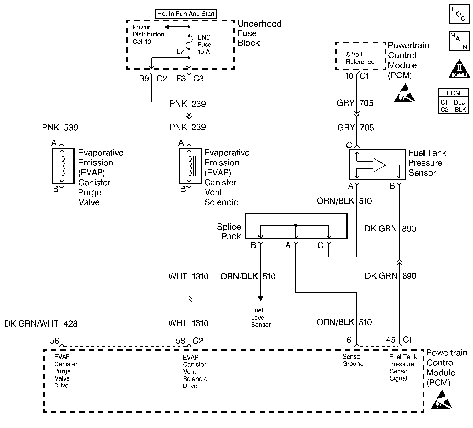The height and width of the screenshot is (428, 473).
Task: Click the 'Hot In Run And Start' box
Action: click(186, 14)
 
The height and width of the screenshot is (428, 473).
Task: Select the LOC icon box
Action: click(459, 14)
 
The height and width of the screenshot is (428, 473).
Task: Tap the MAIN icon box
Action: click(459, 41)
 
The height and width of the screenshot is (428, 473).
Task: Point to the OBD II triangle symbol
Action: click(460, 69)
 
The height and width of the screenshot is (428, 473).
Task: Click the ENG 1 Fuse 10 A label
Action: click(206, 44)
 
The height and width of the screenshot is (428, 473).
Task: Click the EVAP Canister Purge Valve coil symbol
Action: click(63, 166)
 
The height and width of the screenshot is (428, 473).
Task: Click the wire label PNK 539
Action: click(60, 128)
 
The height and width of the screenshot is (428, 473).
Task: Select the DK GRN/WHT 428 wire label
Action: click(41, 323)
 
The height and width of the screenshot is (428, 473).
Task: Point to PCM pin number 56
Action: click(54, 340)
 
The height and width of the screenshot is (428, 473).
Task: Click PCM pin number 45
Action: click(390, 340)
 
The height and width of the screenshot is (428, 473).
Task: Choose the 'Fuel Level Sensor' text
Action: click(261, 318)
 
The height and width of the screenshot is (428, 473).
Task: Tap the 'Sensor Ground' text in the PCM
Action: click(353, 360)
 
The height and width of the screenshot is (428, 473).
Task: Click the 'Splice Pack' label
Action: click(229, 231)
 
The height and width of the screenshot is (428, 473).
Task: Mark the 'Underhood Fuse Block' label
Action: click(259, 33)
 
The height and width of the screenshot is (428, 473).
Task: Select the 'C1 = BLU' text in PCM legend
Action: click(453, 103)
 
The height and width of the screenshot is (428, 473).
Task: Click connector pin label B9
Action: click(144, 79)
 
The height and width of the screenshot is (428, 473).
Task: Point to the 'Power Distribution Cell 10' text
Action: click(148, 34)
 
